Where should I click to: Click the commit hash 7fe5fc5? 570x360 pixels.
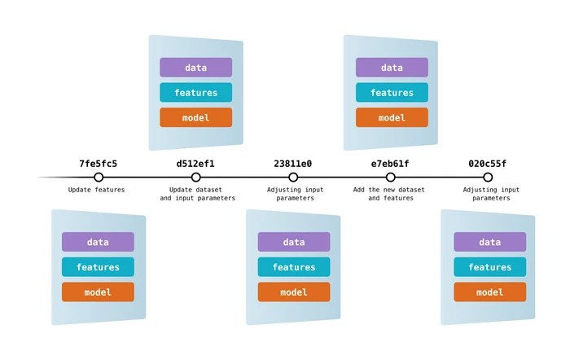point(98,164)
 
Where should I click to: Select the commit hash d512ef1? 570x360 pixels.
point(195,164)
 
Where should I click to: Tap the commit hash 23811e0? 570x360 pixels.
point(293,164)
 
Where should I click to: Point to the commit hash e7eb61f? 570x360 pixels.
point(390,164)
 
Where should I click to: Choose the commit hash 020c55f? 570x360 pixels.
point(487,164)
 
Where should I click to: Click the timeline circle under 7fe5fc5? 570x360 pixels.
point(99,178)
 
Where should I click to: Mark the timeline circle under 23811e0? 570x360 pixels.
point(293,178)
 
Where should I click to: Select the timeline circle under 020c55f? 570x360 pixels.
point(488,178)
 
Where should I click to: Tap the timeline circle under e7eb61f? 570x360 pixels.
point(391,178)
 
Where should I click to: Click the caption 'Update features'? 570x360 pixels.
point(97,190)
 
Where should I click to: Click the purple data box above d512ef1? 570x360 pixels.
point(196,68)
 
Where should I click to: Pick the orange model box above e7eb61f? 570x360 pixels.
point(392,117)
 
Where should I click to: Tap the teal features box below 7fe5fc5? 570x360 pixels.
point(98,267)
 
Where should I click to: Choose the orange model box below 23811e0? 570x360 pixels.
point(294,292)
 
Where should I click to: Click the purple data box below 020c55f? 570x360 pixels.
point(489,242)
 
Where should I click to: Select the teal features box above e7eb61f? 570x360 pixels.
point(392,93)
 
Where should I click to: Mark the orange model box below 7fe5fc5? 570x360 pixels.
point(98,292)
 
